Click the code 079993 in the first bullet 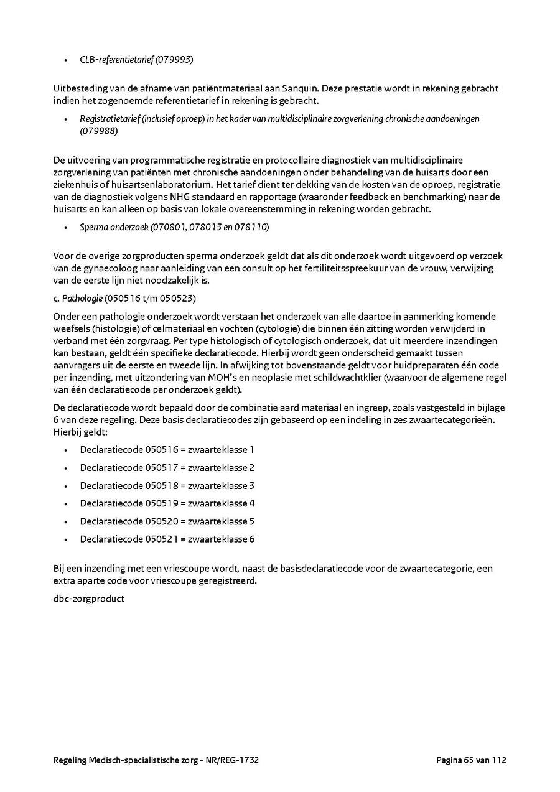175,60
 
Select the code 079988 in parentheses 99,131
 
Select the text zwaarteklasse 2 221,467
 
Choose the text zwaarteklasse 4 221,503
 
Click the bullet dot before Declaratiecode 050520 65,521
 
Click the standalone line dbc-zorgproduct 89,599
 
